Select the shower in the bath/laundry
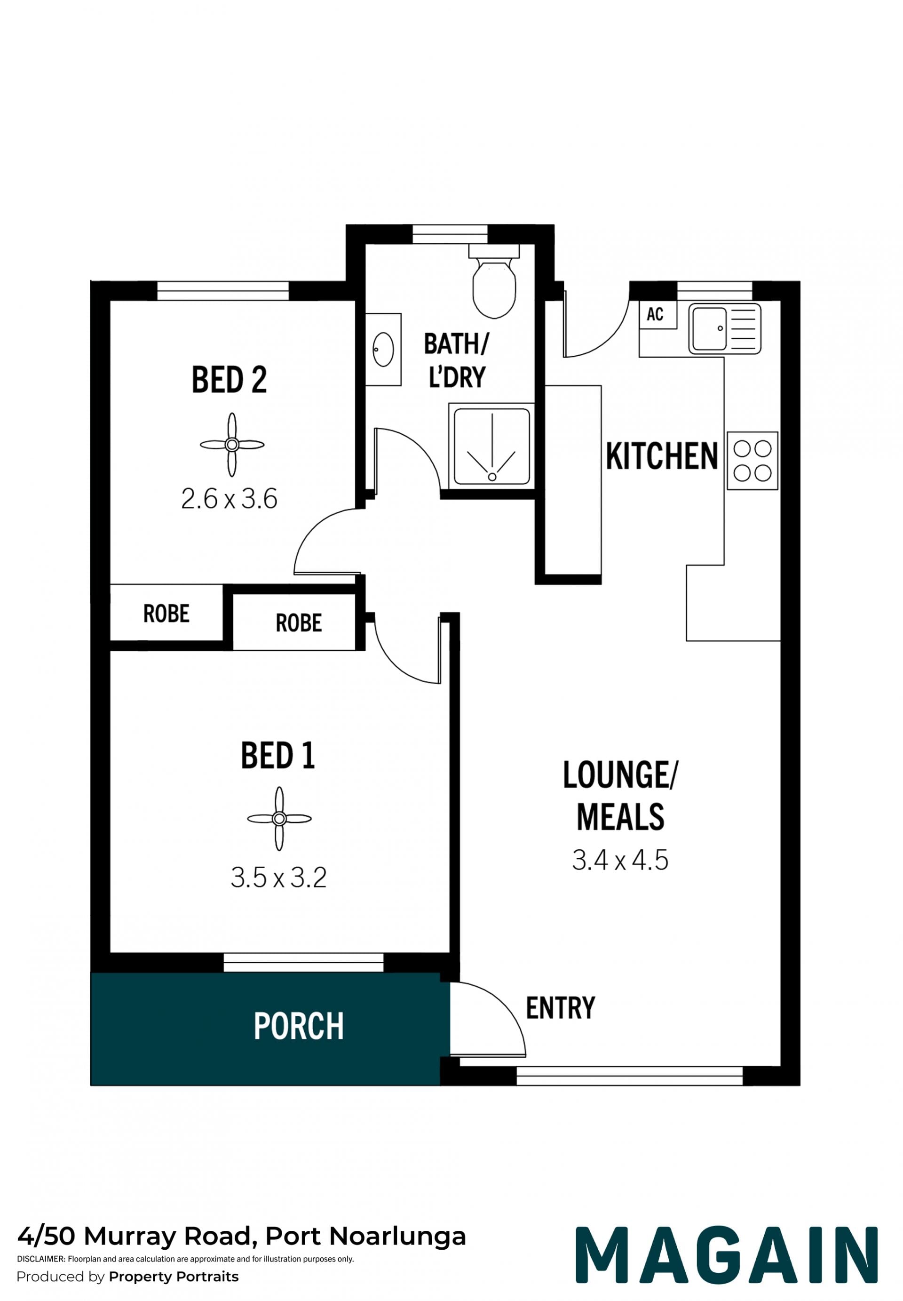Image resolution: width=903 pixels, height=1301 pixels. click(x=491, y=447)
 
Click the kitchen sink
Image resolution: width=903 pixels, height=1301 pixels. click(x=724, y=329)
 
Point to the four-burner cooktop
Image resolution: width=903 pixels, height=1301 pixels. click(x=752, y=461)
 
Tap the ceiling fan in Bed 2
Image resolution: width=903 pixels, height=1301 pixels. click(x=232, y=445)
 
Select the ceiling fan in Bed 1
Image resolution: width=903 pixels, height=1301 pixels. click(x=279, y=818)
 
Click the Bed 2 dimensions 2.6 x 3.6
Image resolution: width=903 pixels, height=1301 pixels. click(x=229, y=499)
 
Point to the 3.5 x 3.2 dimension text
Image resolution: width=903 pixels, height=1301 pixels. click(x=278, y=878)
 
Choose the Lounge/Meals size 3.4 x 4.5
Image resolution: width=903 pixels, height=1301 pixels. click(x=620, y=860)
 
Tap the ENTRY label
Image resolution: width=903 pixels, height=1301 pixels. click(x=560, y=1008)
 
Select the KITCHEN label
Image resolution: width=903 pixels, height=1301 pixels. click(x=661, y=456)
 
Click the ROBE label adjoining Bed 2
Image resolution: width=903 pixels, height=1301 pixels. click(x=166, y=614)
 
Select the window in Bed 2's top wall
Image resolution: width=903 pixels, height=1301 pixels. click(x=223, y=291)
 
